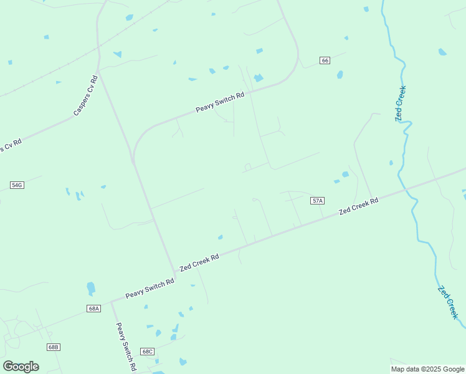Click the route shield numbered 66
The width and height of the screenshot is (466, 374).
[x=325, y=60]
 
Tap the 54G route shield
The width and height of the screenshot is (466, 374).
[x=17, y=185]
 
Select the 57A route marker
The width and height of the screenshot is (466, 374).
[x=317, y=201]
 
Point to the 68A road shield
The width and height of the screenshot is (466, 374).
[x=93, y=308]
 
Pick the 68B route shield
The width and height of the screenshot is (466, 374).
[x=53, y=347]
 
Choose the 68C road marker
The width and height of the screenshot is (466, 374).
[x=147, y=352]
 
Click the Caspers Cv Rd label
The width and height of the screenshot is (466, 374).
[x=86, y=95]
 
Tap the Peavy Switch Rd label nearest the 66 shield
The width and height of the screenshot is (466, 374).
[x=220, y=100]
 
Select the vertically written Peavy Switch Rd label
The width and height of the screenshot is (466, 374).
[x=126, y=347]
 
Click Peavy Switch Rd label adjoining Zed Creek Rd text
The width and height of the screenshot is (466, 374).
[x=150, y=287]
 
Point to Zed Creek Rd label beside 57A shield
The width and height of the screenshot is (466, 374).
[x=358, y=206]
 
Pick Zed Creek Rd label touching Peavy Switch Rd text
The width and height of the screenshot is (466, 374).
[x=199, y=262]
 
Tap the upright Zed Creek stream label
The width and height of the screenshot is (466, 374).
[x=401, y=103]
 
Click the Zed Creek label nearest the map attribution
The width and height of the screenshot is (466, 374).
[x=448, y=302]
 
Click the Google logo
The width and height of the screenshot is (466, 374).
[x=21, y=367]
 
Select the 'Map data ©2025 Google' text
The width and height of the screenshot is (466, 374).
[x=428, y=369]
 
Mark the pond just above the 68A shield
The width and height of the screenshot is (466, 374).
[x=91, y=288]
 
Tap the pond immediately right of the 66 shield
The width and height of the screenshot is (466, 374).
[x=340, y=75]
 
